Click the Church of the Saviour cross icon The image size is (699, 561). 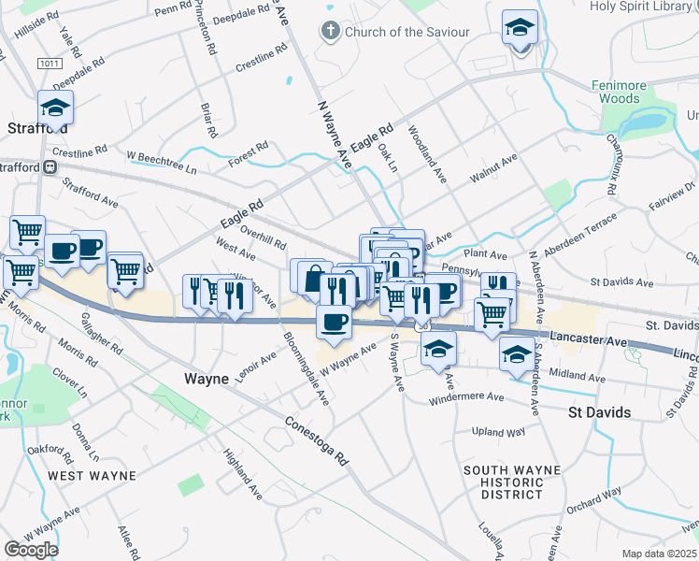click(330, 32)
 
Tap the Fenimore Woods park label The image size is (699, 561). click(618, 92)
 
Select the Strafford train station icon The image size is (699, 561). click(52, 167)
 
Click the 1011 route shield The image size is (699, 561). click(50, 63)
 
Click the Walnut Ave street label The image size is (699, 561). click(493, 168)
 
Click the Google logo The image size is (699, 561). click(31, 549)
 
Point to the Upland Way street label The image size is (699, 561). click(501, 432)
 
